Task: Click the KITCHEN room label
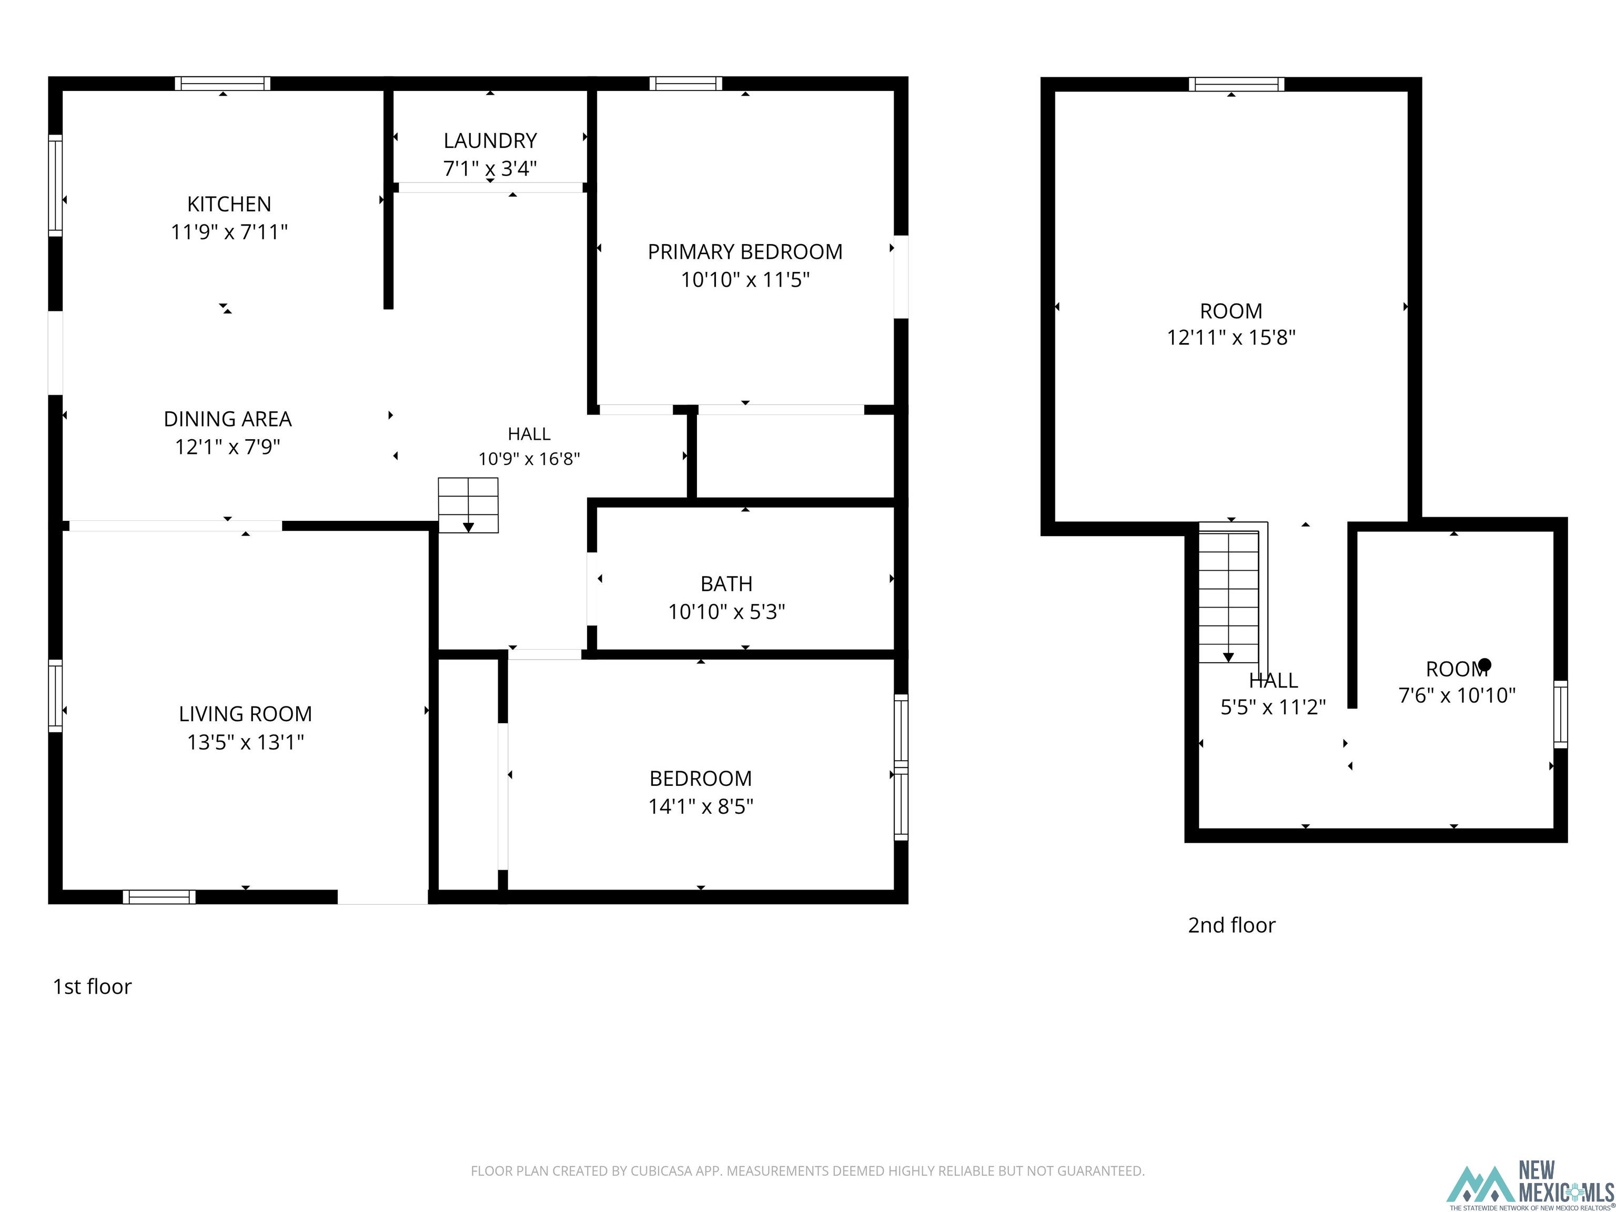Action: point(229,204)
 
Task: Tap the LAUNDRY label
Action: point(490,140)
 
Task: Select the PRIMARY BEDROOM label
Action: point(745,252)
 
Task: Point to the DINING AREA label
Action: point(227,419)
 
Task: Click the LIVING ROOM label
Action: point(246,714)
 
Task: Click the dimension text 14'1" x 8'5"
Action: point(701,806)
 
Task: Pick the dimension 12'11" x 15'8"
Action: point(1231,338)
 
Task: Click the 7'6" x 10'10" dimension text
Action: point(1457,695)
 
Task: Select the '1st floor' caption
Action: point(92,986)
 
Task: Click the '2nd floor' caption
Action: point(1231,925)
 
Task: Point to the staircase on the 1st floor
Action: point(468,506)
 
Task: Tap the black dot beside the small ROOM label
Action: point(1484,665)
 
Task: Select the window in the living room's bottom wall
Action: point(159,897)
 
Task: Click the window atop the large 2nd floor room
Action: point(1236,84)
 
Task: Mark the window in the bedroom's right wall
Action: point(902,767)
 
